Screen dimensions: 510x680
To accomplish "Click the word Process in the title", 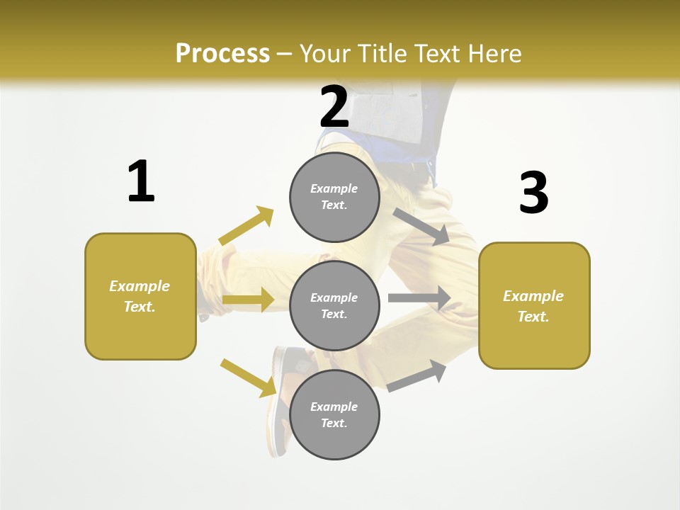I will pos(222,53).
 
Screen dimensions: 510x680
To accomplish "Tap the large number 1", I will pos(141,181).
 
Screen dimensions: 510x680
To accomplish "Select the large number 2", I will pos(334,106).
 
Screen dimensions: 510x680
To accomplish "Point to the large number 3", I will pos(533,193).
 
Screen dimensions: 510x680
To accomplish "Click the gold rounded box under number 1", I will pos(140,296).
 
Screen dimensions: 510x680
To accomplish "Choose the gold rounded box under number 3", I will pos(534,305).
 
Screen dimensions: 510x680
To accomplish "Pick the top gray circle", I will pos(334,197).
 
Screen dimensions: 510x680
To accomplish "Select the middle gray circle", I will pos(334,305).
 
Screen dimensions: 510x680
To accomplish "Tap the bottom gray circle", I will pos(334,414).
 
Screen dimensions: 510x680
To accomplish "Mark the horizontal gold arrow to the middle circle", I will pos(247,300).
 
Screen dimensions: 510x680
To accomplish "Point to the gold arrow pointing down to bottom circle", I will pos(248,377).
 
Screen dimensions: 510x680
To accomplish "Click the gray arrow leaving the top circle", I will pos(421,226).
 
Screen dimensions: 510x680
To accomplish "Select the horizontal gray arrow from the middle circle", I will pos(419,298).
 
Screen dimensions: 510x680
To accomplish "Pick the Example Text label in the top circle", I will pos(334,197).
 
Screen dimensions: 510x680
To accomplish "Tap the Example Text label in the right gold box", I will pos(533,306).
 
